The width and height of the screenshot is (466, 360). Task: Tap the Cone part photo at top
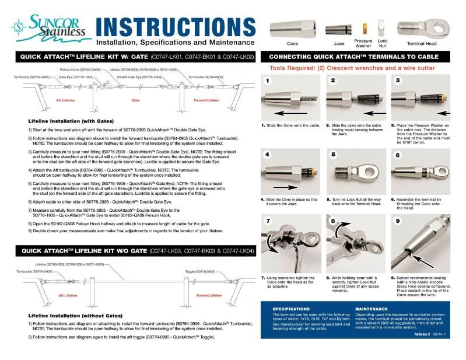(x=293, y=27)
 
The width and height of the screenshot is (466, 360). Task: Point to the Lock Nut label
(x=383, y=43)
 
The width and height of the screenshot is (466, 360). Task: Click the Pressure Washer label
(x=363, y=43)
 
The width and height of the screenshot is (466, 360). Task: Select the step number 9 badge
(x=398, y=221)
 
